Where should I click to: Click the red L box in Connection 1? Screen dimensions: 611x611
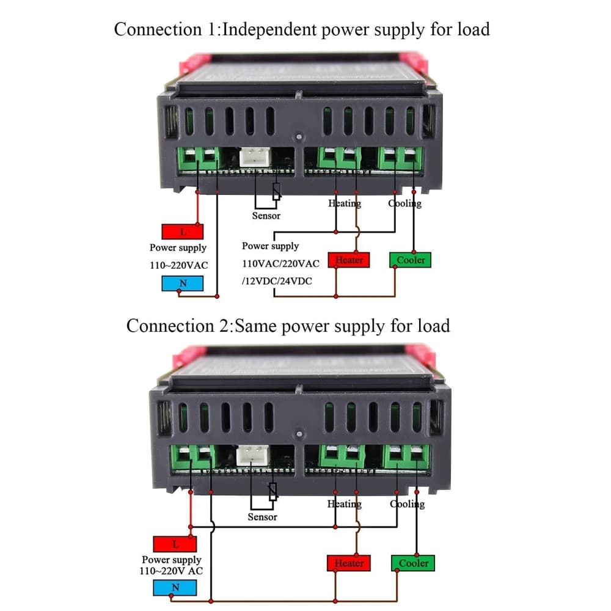[x=182, y=232]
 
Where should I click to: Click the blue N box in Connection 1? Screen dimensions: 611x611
[x=182, y=284]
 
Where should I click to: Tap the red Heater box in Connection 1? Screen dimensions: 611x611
[x=349, y=260]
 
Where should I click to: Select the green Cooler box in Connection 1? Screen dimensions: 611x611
[x=411, y=260]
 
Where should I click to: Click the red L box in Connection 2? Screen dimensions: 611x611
[x=175, y=544]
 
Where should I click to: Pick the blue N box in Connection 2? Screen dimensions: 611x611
[x=175, y=588]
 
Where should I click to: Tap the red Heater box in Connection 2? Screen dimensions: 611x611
[x=349, y=563]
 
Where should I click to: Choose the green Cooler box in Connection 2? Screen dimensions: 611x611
[x=413, y=563]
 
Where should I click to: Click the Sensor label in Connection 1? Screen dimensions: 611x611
[x=266, y=216]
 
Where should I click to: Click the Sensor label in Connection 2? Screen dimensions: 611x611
[x=262, y=517]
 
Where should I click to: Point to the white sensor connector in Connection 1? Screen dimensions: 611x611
[x=253, y=158]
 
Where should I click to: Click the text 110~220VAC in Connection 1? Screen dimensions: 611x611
[x=178, y=265]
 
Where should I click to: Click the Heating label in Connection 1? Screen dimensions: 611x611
[x=345, y=203]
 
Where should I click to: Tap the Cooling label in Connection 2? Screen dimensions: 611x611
[x=407, y=504]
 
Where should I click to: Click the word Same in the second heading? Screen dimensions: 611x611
[x=257, y=325]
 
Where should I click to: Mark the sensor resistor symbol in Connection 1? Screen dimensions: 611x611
[x=276, y=192]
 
